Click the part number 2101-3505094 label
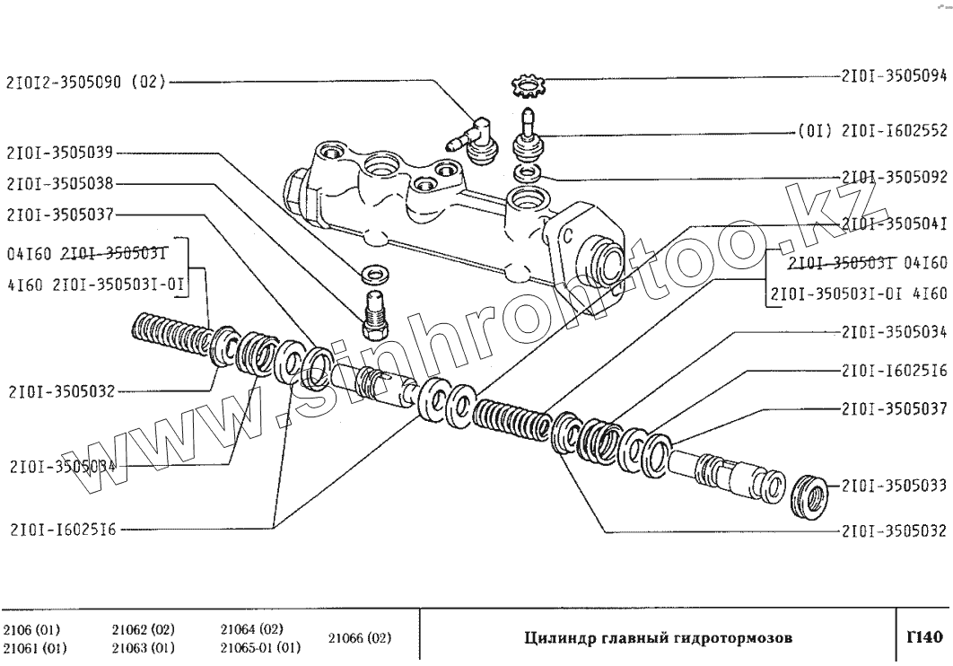coord(895,75)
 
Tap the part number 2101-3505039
coord(62,153)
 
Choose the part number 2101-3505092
coord(895,177)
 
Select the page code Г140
coord(924,639)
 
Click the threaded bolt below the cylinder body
coord(374,309)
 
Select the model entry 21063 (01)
coord(144,647)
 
